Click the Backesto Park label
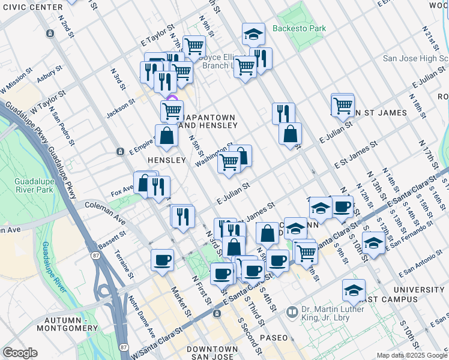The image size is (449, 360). (299, 28)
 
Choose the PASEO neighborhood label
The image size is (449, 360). (274, 338)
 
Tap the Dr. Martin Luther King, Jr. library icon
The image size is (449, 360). (292, 312)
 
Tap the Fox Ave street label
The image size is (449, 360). (122, 192)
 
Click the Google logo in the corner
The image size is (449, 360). (20, 352)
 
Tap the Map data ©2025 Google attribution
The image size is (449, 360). (412, 355)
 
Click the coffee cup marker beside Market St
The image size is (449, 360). (162, 260)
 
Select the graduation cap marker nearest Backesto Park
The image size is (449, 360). (253, 34)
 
